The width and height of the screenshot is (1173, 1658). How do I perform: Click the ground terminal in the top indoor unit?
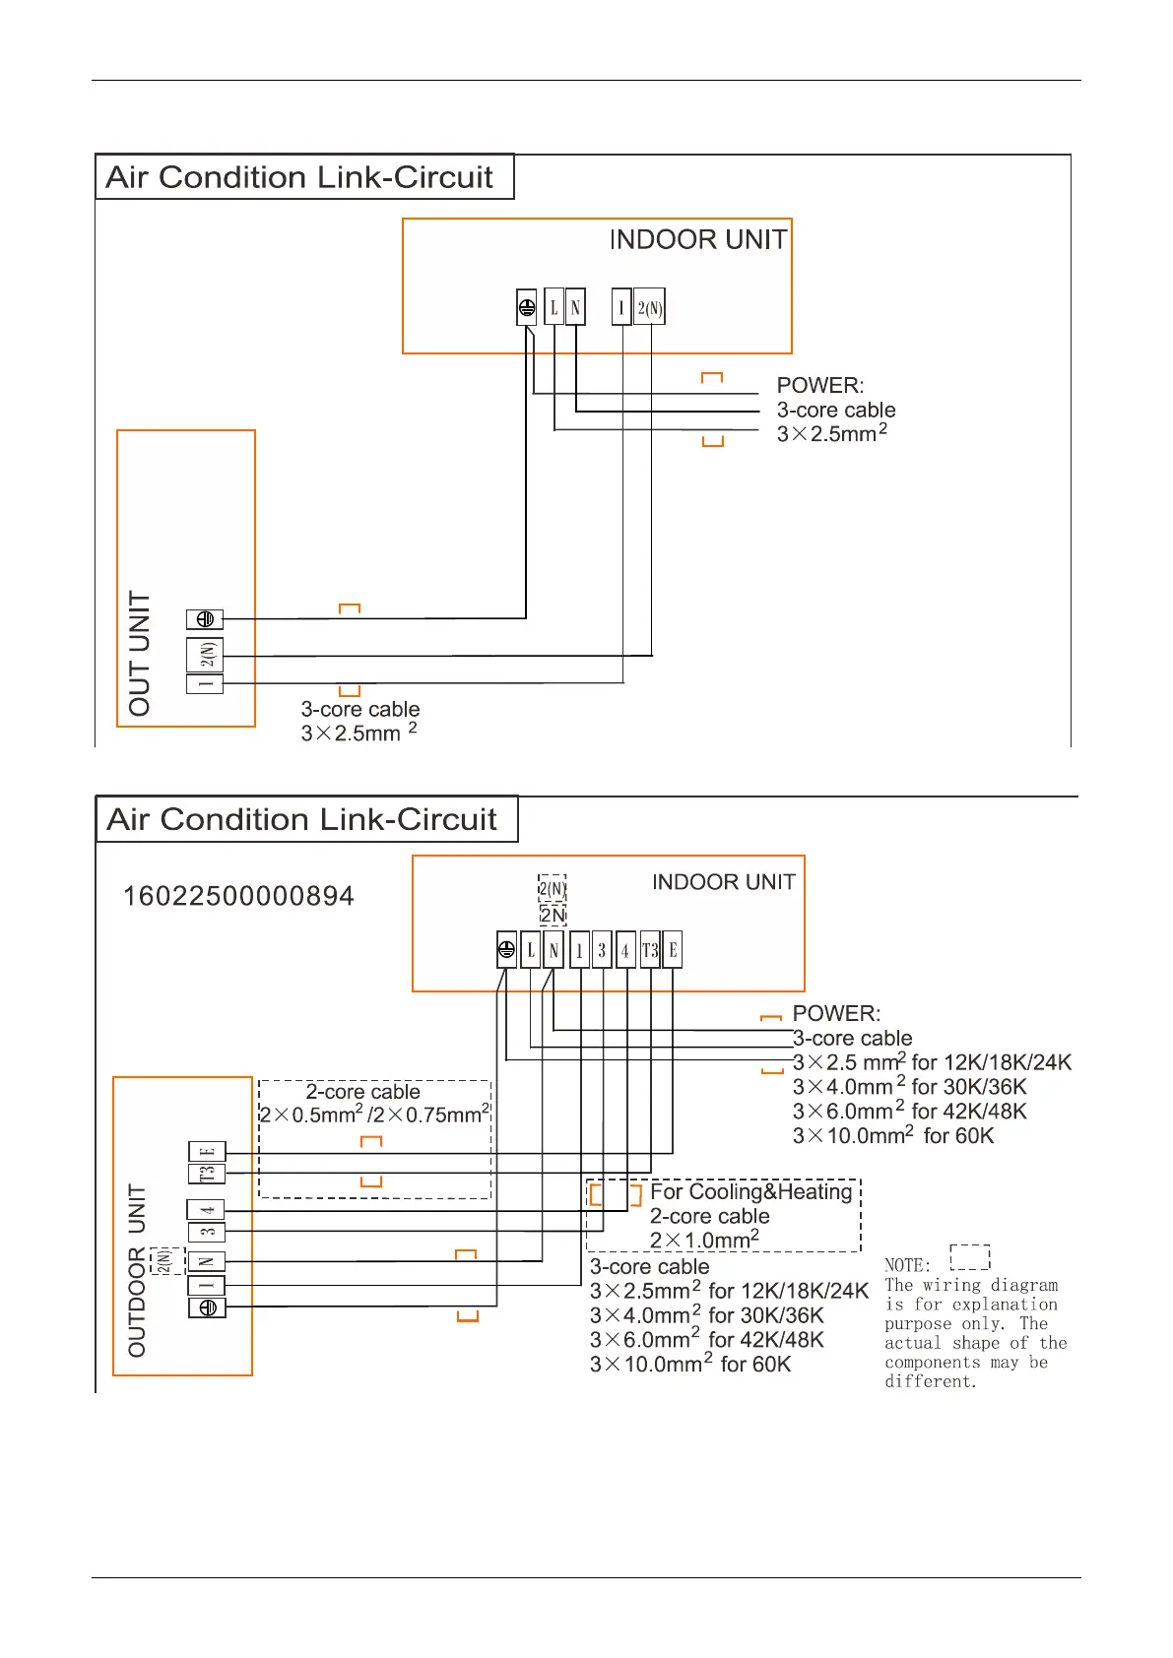click(527, 308)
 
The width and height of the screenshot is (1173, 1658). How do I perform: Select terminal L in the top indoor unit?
click(554, 307)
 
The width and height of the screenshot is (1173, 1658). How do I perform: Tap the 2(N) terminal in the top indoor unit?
click(649, 307)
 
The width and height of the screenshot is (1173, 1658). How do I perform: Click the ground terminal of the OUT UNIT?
click(205, 619)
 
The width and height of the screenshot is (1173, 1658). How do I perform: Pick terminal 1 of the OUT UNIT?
click(205, 683)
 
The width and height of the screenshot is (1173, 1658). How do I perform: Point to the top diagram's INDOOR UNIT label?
click(698, 240)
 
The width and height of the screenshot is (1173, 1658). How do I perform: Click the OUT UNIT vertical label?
click(140, 653)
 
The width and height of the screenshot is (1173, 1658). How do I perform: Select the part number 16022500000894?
click(238, 896)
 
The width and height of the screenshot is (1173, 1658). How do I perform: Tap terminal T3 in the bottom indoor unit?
click(650, 950)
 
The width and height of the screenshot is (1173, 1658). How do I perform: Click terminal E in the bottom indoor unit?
click(673, 950)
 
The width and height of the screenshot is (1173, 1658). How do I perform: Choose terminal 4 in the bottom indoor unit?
click(625, 950)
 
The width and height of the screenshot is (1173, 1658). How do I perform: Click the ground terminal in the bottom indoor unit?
click(506, 950)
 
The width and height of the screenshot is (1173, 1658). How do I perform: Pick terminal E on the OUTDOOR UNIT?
click(207, 1151)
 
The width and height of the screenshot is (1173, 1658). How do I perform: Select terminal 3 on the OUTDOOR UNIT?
click(207, 1232)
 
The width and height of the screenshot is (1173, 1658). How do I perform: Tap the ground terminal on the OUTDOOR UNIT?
click(207, 1307)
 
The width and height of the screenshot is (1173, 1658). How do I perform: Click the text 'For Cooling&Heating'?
click(750, 1192)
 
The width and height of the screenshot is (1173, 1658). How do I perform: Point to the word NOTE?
click(907, 1265)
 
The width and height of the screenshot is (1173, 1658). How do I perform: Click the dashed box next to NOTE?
click(970, 1257)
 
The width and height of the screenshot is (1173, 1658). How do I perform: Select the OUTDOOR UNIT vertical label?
click(137, 1270)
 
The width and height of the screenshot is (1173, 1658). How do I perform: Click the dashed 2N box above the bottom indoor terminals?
click(553, 915)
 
